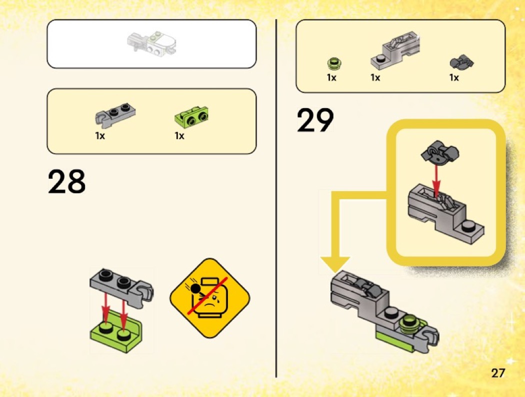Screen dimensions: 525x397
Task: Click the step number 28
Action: [66, 181]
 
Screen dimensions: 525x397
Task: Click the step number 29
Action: [315, 120]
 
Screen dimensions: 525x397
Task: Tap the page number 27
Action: [498, 373]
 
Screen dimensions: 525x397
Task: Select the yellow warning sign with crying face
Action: [210, 298]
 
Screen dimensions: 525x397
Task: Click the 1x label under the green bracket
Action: [179, 136]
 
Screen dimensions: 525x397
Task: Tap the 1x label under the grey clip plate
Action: [100, 136]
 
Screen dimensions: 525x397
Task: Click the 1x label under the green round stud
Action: [331, 78]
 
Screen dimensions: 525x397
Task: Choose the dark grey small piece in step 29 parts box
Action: [461, 62]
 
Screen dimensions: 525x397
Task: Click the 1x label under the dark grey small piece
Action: [454, 78]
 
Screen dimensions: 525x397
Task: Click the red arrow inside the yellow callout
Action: [436, 180]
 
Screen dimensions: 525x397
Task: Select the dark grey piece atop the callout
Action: [440, 153]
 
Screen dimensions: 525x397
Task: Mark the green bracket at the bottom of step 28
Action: [116, 331]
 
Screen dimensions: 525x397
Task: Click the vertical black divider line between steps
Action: [276, 198]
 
